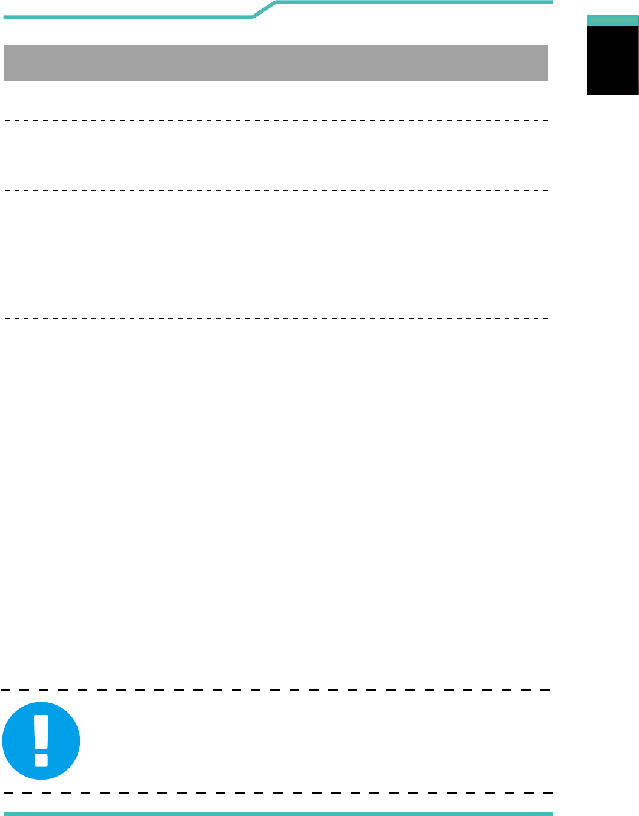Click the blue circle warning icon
(41, 740)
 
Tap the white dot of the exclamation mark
(41, 759)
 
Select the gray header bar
(276, 63)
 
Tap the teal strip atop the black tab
(612, 20)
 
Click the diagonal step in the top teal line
(264, 10)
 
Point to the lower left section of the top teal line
(127, 17)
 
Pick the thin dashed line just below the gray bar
(276, 121)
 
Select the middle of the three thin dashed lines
(276, 191)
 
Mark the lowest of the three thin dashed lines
(276, 318)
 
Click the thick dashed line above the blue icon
(276, 690)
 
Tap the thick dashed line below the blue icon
(276, 792)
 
